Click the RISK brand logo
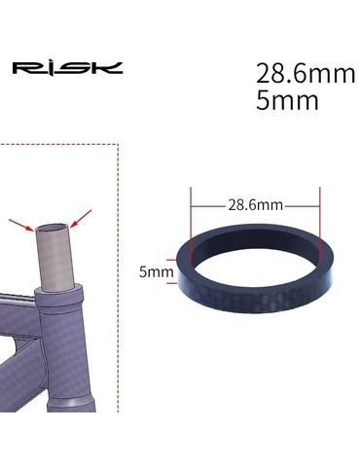(x=67, y=68)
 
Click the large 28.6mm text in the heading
(x=306, y=73)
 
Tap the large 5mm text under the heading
(x=287, y=100)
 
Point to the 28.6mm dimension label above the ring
(x=255, y=205)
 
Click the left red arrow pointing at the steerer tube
(x=20, y=225)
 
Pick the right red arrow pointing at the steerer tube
(x=81, y=218)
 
